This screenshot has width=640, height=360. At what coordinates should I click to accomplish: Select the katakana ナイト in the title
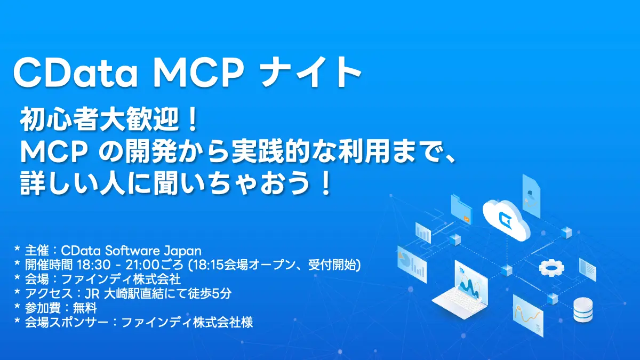313,73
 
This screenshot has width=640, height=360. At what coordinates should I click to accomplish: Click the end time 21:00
137,265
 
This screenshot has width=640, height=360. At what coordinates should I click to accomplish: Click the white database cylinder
583,310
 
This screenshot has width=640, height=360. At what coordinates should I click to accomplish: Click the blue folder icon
462,210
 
